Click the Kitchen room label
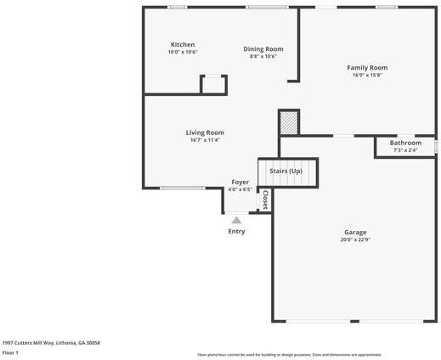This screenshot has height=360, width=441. coord(183,45)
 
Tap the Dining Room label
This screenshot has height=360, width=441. coord(263,49)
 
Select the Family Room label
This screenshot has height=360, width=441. coord(367,67)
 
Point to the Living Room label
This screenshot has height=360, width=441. coord(206,132)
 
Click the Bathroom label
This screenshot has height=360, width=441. coord(405,143)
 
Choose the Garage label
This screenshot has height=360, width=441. coord(355,232)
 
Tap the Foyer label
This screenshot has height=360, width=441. coord(240,182)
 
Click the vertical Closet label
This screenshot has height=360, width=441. coord(265,200)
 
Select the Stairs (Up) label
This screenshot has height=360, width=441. coord(286,172)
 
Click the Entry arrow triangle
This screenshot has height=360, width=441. coord(236,220)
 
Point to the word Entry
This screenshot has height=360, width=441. coord(236,231)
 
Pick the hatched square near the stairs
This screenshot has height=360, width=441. coord(290,123)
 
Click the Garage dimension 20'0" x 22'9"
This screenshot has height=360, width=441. coord(355,239)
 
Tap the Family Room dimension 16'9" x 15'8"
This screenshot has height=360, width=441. coord(367,75)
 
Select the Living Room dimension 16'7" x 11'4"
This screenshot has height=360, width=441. coord(206,140)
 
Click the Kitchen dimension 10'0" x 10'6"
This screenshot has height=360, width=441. coord(183,53)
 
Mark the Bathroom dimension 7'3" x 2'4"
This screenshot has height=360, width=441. coord(405,150)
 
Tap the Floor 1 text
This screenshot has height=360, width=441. coord(11,352)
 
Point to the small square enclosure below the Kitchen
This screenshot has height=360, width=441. coord(213,85)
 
